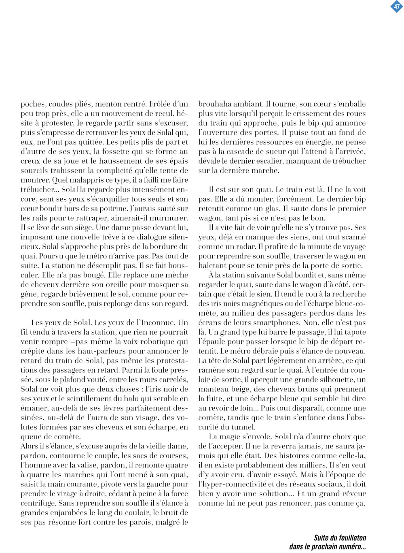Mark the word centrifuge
tap(38, 503)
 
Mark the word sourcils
tap(35, 171)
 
